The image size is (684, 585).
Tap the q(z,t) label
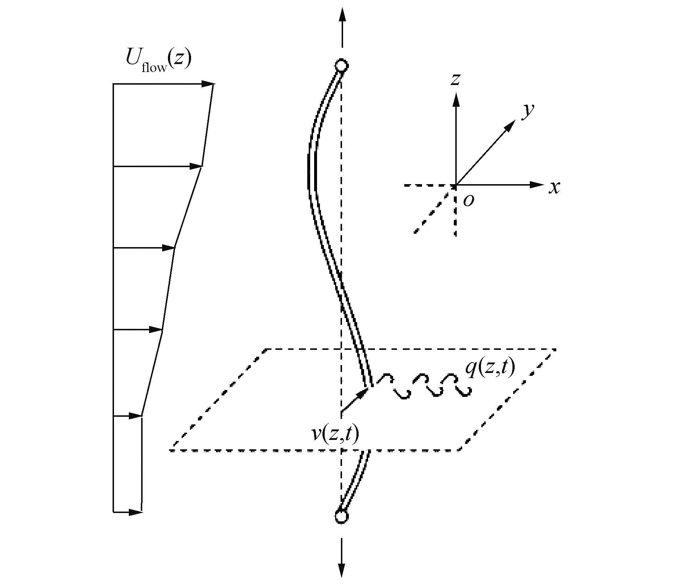[x=490, y=369]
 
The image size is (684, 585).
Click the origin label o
[x=468, y=200]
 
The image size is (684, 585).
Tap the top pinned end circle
[x=341, y=66]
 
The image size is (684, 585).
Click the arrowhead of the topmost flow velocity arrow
[x=207, y=84]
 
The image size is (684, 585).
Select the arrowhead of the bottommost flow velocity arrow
[x=136, y=512]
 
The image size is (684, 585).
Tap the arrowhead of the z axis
[x=456, y=99]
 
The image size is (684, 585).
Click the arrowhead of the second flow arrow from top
[x=195, y=166]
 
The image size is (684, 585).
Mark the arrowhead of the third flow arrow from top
[x=169, y=248]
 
